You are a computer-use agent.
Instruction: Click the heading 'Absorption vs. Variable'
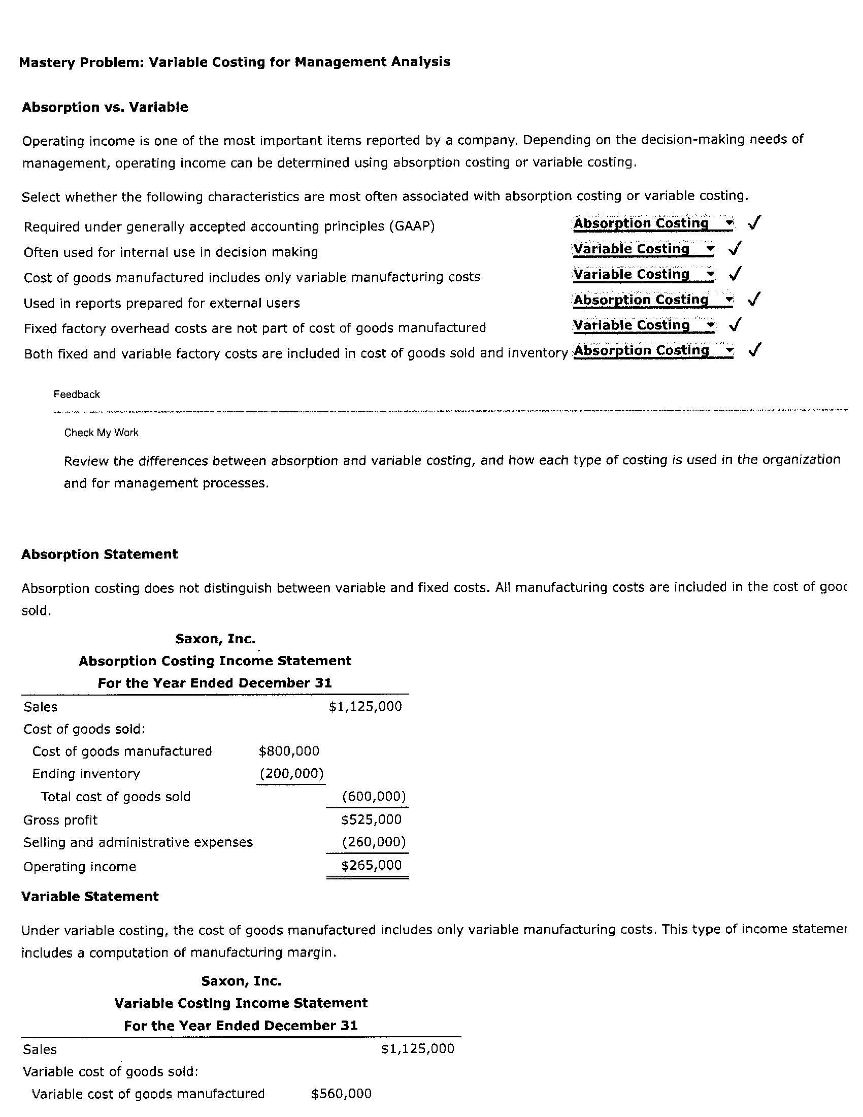point(105,108)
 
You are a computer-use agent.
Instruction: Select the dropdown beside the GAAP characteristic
point(653,223)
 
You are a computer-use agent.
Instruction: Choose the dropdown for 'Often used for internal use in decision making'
point(643,249)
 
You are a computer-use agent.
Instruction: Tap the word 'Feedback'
point(77,395)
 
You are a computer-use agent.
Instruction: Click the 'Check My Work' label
point(101,433)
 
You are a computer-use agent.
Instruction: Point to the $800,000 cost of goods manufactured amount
point(289,751)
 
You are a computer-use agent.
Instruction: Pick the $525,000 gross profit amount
point(371,820)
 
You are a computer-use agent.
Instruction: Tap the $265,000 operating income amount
point(371,865)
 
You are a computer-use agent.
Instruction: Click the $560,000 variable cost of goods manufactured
point(341,1094)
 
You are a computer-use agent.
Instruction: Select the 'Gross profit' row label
point(60,820)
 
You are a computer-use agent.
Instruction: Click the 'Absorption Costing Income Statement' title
point(215,661)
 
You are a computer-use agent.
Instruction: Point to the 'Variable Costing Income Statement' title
point(241,1003)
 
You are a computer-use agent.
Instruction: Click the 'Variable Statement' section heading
point(90,896)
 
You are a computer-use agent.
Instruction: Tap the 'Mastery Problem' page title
point(234,62)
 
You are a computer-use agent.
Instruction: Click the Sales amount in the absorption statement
point(365,706)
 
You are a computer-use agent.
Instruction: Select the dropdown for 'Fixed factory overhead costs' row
point(643,325)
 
